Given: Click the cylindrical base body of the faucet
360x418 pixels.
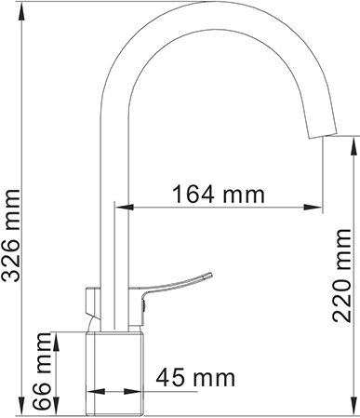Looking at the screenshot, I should tap(117, 368).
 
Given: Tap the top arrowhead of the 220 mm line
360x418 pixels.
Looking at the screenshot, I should tap(353, 139).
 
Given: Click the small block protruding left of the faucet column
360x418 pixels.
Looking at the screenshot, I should tap(90, 303).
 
